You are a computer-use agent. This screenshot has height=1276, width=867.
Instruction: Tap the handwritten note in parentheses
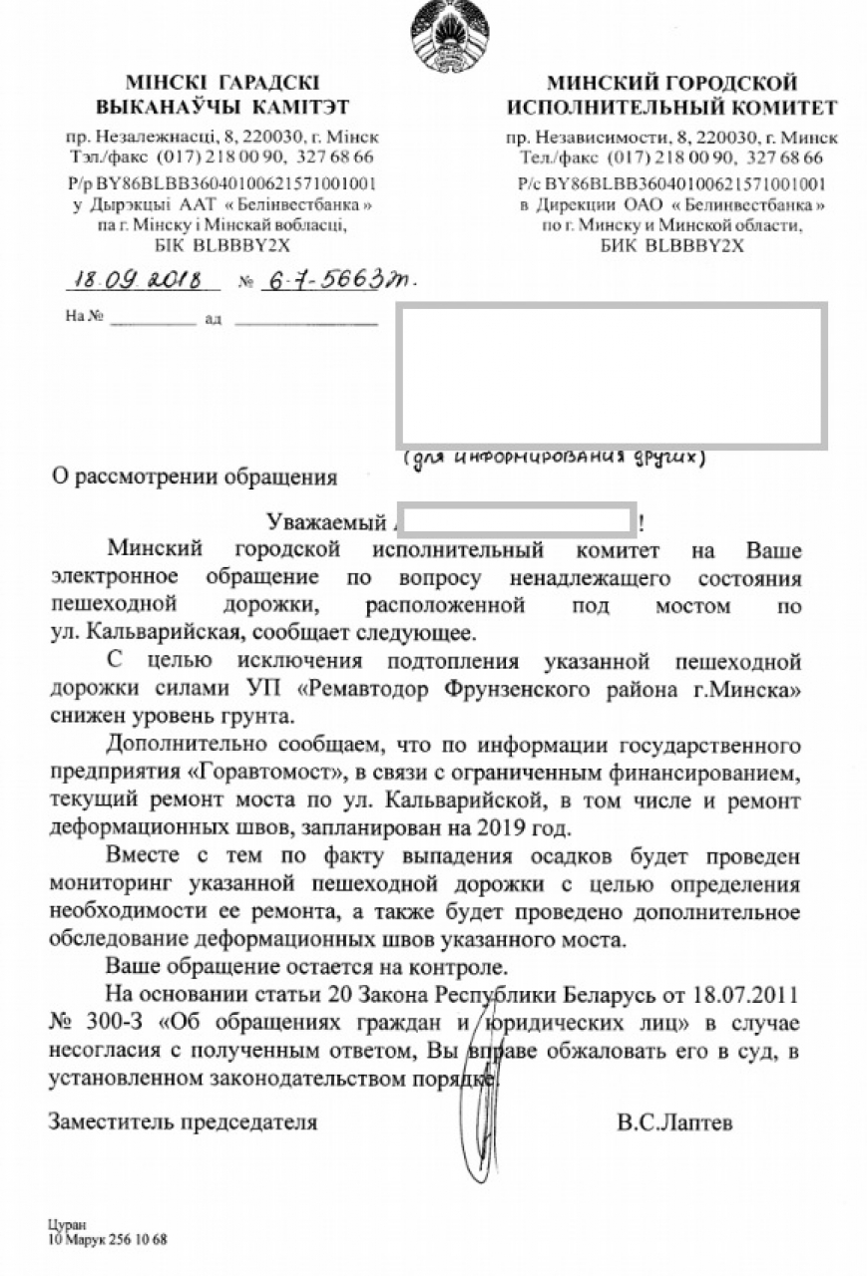(x=555, y=459)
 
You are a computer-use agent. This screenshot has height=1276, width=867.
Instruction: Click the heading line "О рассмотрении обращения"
(x=195, y=477)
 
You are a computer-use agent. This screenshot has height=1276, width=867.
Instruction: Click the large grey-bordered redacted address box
(x=611, y=375)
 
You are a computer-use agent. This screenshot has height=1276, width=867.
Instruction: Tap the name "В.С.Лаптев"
(x=674, y=1122)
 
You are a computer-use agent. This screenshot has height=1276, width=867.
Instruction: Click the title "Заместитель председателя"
(x=184, y=1122)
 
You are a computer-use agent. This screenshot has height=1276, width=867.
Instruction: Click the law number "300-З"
(x=109, y=1024)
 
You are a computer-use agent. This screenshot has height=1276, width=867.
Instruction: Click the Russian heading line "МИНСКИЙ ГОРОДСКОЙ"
(x=671, y=83)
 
